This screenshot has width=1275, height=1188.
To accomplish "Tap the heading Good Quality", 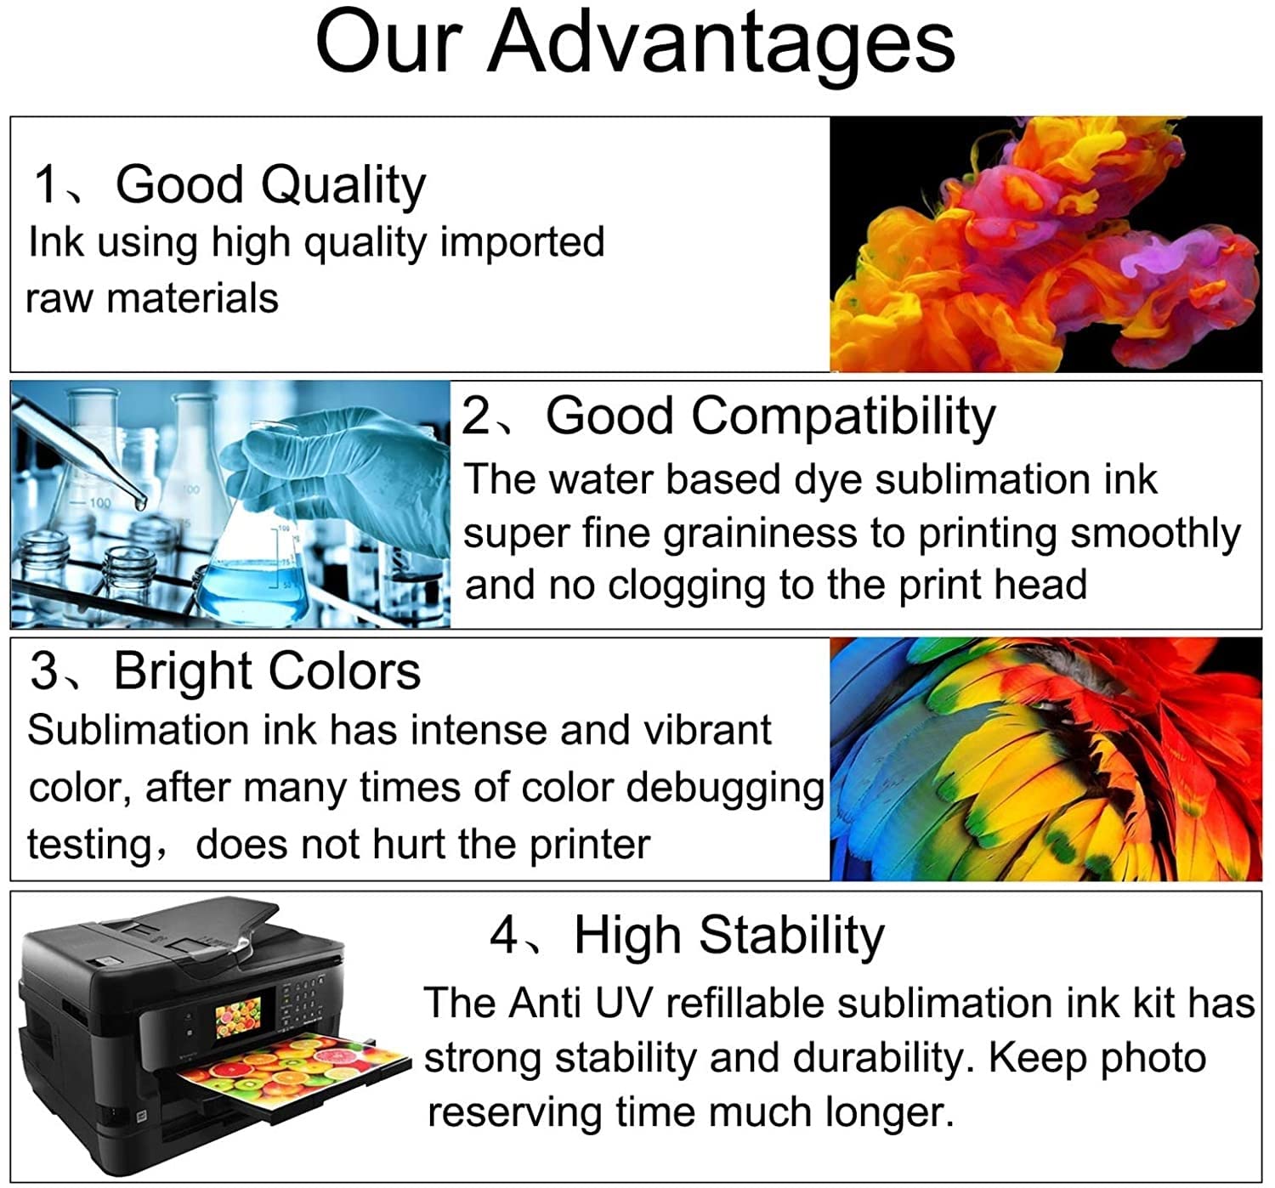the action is pyautogui.click(x=270, y=186).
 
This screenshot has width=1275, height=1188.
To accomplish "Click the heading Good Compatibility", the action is pyautogui.click(x=770, y=417).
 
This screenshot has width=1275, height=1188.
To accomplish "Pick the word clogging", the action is pyautogui.click(x=687, y=586).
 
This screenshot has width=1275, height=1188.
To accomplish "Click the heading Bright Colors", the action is pyautogui.click(x=267, y=671).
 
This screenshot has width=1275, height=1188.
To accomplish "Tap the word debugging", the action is pyautogui.click(x=725, y=789).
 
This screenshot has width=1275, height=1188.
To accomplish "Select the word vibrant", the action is pyautogui.click(x=707, y=730).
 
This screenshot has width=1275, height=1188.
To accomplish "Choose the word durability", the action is pyautogui.click(x=883, y=1058).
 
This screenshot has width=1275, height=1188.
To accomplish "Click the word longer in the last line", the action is pyautogui.click(x=889, y=1113).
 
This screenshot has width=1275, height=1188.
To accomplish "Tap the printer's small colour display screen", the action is pyautogui.click(x=237, y=1017).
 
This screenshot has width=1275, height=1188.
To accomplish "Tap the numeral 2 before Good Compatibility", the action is pyautogui.click(x=476, y=416).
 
